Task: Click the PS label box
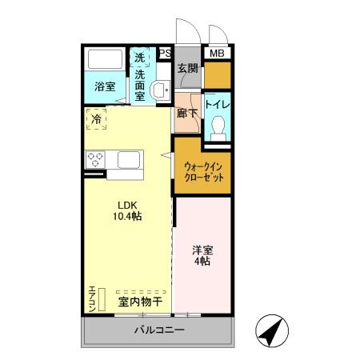(165, 54)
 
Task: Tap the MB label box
(217, 54)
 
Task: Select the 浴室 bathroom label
(105, 86)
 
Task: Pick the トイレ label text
(218, 104)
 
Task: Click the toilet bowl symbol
(218, 129)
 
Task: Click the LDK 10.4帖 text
(126, 210)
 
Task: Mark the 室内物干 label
(141, 302)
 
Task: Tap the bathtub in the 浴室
(105, 61)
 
